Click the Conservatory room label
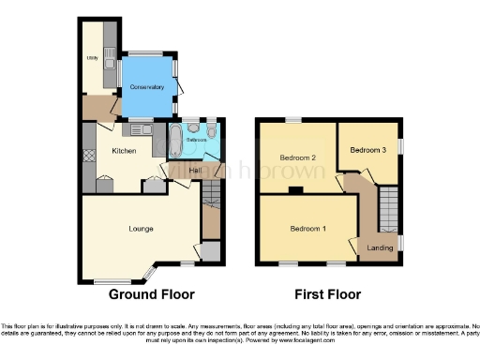pyautogui.click(x=147, y=87)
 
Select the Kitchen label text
pyautogui.click(x=125, y=151)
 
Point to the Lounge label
pyautogui.click(x=141, y=228)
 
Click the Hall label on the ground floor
pyautogui.click(x=196, y=170)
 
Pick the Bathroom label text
pyautogui.click(x=196, y=140)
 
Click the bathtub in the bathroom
pyautogui.click(x=174, y=140)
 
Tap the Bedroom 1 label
pyautogui.click(x=307, y=229)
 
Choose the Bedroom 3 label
pyautogui.click(x=367, y=149)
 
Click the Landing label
pyautogui.click(x=380, y=247)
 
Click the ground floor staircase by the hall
pyautogui.click(x=211, y=195)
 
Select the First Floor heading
pyautogui.click(x=327, y=294)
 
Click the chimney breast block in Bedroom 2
pyautogui.click(x=296, y=190)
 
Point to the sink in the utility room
pyautogui.click(x=109, y=64)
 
